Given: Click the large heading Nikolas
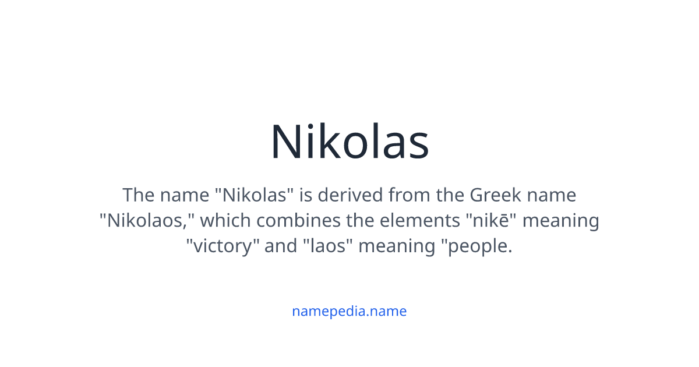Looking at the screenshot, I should (349, 142).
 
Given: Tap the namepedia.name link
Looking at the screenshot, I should (349, 311).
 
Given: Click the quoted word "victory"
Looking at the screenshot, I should (223, 246).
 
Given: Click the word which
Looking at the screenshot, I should (224, 221).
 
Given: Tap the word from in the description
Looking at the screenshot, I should (410, 195).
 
